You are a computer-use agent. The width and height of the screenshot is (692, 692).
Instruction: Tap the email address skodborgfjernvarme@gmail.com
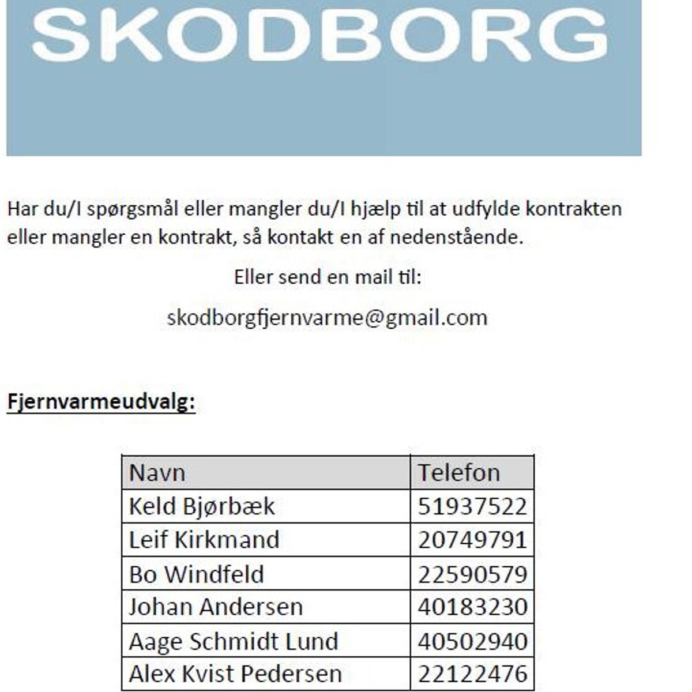327,318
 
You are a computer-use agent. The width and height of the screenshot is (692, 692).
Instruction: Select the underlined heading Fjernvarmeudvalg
101,402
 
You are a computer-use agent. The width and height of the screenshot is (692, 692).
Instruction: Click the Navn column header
157,473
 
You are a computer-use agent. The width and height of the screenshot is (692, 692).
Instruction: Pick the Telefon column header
458,473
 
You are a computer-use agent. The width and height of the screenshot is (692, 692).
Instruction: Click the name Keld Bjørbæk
202,506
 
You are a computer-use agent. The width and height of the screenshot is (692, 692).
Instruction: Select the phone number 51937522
472,506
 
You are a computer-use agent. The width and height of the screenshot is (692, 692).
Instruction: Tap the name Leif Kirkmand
204,540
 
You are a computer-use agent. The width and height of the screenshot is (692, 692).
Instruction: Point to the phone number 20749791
472,540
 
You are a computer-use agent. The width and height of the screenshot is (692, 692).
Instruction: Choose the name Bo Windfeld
197,574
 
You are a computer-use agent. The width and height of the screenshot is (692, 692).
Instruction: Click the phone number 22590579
472,574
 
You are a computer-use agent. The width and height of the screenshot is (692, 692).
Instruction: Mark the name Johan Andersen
216,607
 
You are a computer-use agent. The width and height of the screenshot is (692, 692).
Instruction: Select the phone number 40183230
472,607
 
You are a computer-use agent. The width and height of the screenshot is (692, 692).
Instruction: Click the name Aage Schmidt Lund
234,641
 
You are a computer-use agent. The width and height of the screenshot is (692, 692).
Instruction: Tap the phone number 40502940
472,641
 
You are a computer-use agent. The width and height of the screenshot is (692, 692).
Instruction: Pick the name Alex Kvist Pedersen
235,674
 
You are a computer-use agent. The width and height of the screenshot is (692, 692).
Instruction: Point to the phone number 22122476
472,674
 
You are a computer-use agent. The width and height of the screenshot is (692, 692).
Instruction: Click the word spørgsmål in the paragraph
133,209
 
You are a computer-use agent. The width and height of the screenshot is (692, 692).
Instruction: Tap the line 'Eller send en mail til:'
328,277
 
